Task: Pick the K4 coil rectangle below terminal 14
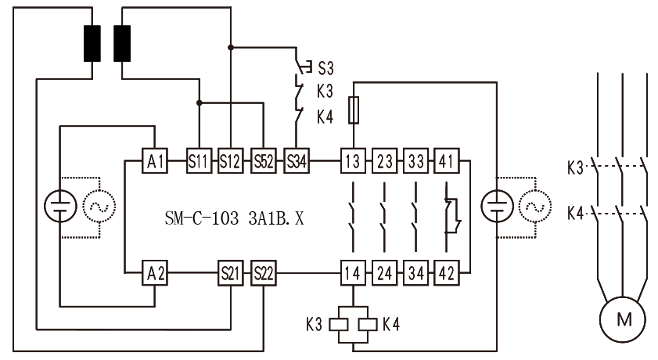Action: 368,324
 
